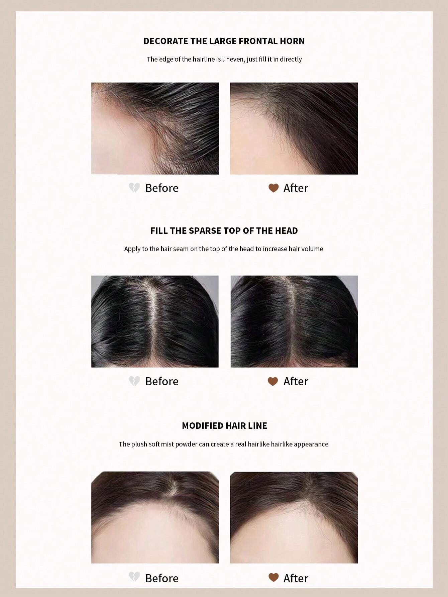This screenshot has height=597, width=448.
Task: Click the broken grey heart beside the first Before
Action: [134, 188]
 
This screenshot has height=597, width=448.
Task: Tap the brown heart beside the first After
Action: [273, 188]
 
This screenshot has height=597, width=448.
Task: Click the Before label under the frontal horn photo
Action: [162, 188]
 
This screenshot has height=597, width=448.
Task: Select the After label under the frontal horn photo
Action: [296, 188]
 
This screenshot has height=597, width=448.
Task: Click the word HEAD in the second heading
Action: [286, 231]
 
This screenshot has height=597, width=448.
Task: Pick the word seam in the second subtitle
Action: [181, 249]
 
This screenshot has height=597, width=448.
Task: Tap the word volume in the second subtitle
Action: [312, 249]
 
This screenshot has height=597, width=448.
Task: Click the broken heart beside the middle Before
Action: [134, 381]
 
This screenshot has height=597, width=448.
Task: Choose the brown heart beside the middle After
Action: [273, 381]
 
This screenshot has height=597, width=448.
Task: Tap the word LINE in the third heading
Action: [258, 426]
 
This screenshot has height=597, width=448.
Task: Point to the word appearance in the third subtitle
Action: [311, 444]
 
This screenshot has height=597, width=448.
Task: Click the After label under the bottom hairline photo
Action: [296, 578]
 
